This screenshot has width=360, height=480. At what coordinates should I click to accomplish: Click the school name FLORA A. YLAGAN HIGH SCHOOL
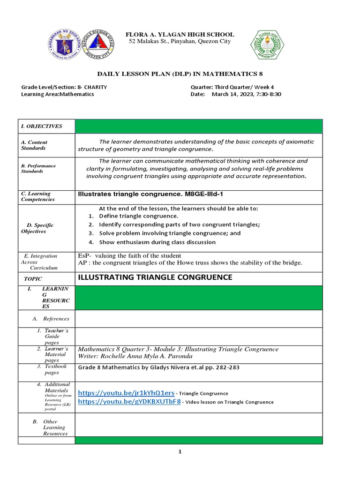click(x=180, y=35)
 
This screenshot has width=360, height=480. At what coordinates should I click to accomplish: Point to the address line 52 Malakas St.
click(x=180, y=42)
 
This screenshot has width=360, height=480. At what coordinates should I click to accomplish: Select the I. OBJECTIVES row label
click(x=42, y=126)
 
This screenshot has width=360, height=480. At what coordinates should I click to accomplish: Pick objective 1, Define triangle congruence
click(x=138, y=216)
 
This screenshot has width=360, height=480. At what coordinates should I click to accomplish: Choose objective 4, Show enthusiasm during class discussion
click(x=157, y=242)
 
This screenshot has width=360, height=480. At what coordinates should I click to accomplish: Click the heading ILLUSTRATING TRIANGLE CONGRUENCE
click(x=155, y=277)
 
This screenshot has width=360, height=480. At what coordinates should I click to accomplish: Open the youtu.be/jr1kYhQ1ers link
click(x=126, y=393)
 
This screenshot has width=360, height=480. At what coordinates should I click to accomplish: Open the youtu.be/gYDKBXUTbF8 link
click(x=129, y=402)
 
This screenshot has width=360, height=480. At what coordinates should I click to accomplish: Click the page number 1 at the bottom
click(x=180, y=452)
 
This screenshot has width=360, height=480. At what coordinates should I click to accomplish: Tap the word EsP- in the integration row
click(x=84, y=255)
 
